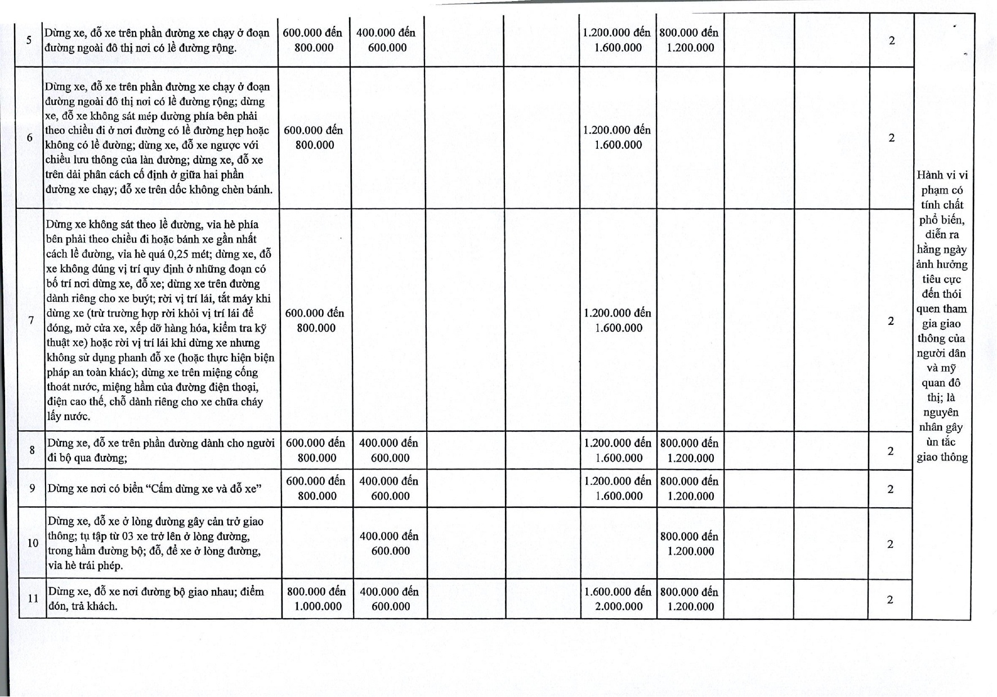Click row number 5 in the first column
point(29,41)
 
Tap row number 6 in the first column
point(30,137)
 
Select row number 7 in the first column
point(32,320)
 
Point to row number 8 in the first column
point(32,450)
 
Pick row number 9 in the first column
point(33,488)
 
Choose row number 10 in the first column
point(33,543)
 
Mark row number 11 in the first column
point(33,598)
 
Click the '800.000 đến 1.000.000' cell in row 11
point(317,599)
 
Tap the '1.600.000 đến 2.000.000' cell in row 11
point(618,599)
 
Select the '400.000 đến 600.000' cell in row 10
point(390,543)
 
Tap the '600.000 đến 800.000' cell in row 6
point(314,137)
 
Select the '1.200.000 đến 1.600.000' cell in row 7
point(618,320)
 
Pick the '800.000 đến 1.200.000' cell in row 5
point(690,41)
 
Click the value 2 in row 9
point(891,489)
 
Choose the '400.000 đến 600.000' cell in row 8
point(390,450)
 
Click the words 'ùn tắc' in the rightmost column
point(941,442)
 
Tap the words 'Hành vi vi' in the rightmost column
point(942,175)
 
